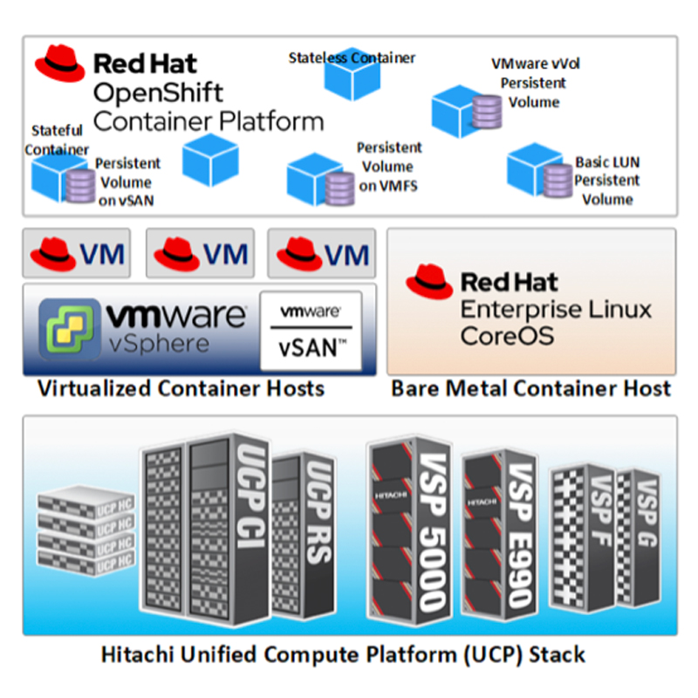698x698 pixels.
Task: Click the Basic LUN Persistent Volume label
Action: pos(607,181)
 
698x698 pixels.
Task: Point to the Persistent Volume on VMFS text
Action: pos(389,166)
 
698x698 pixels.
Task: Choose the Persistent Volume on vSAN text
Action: pos(127,182)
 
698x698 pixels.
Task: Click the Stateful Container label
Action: pos(56,140)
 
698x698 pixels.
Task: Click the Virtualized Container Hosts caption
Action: pos(181,388)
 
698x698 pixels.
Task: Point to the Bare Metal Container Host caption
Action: pos(531,388)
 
